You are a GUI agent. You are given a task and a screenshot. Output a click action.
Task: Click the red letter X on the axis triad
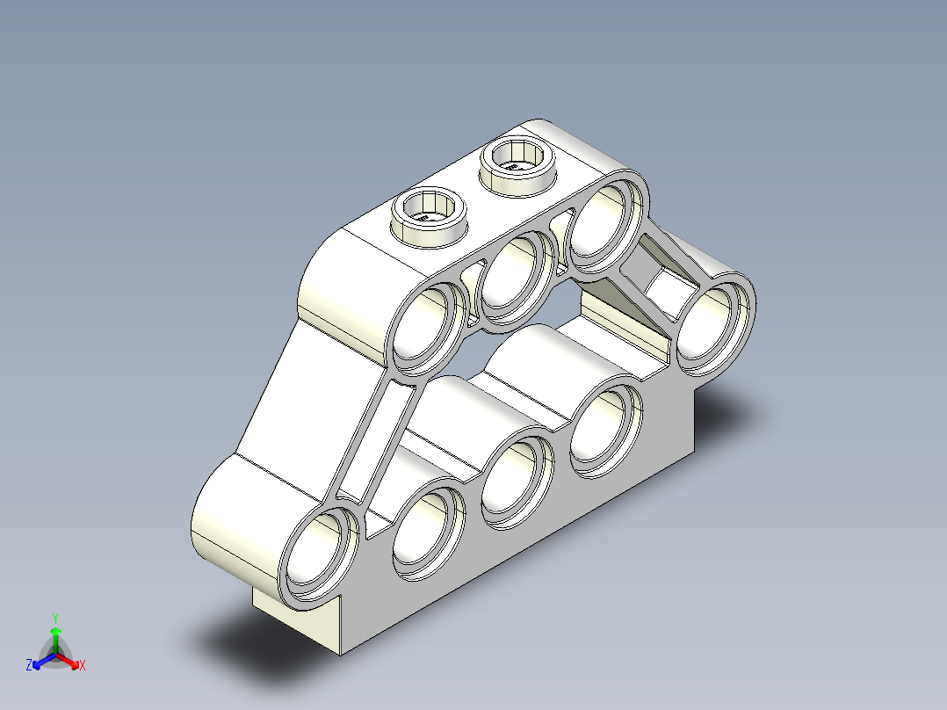pos(83,666)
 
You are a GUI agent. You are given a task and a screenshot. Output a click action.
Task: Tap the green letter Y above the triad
pos(54,618)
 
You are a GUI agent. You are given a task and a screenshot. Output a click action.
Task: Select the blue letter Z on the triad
pos(29,666)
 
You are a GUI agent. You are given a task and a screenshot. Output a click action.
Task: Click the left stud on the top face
pos(430,212)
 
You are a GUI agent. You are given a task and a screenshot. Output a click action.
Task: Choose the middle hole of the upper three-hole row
pos(517,276)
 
